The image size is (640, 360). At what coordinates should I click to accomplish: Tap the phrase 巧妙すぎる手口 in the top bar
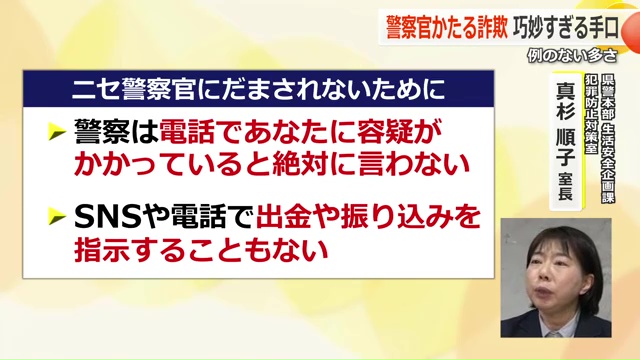click(x=562, y=23)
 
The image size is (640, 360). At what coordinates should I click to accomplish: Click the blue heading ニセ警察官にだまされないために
click(x=257, y=91)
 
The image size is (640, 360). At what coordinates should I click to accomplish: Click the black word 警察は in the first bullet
click(x=121, y=133)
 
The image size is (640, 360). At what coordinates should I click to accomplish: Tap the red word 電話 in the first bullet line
click(x=200, y=133)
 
